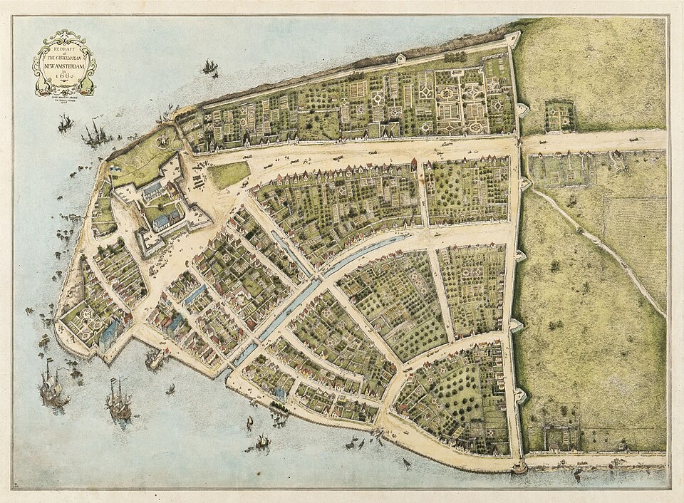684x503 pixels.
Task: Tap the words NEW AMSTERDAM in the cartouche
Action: click(64, 66)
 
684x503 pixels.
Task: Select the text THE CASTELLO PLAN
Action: click(64, 57)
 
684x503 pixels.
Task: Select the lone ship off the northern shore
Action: click(209, 68)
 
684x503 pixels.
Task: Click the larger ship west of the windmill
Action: click(95, 133)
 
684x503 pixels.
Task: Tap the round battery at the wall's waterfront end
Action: click(519, 467)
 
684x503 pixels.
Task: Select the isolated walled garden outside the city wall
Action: click(559, 115)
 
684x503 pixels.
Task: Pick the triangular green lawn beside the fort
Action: click(228, 174)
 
